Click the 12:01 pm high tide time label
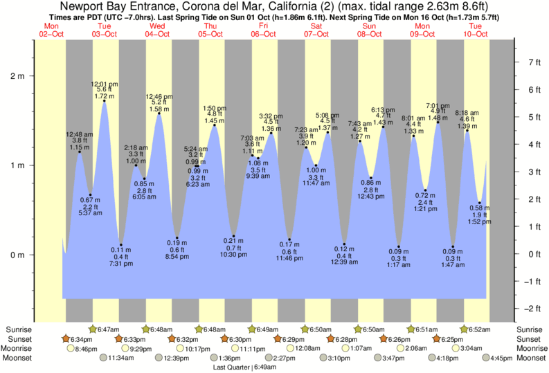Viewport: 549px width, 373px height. pyautogui.click(x=104, y=84)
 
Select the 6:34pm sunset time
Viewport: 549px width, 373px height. pyautogui.click(x=78, y=340)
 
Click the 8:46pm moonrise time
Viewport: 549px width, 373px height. pyautogui.click(x=82, y=349)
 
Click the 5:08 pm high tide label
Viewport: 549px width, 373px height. pyautogui.click(x=327, y=115)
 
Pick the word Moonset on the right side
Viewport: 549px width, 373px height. pyautogui.click(x=530, y=358)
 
